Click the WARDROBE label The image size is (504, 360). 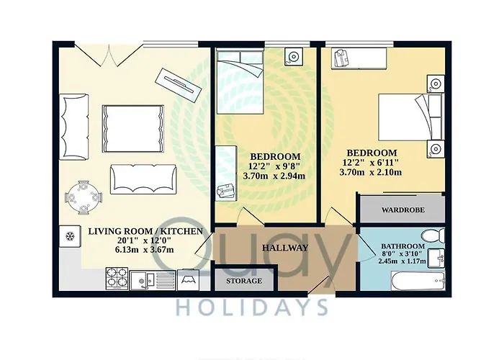[402, 210]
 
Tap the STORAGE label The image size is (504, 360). [243, 281]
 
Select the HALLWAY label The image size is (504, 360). [285, 248]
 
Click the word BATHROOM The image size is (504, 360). [402, 246]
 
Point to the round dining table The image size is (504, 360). [84, 197]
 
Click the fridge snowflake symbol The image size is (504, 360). [70, 237]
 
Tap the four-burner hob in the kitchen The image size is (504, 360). [117, 278]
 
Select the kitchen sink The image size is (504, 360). [153, 280]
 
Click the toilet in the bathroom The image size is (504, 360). [433, 237]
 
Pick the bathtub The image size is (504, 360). [418, 281]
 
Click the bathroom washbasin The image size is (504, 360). [436, 258]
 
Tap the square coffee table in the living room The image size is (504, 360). [132, 129]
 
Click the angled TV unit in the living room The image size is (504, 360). [179, 86]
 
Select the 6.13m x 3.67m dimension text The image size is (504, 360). [144, 249]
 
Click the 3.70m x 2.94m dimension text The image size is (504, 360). [274, 176]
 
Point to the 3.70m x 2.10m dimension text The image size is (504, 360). [371, 172]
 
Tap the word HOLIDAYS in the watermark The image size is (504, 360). [252, 307]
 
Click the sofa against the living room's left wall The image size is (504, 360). [73, 127]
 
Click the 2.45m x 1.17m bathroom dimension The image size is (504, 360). [402, 261]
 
